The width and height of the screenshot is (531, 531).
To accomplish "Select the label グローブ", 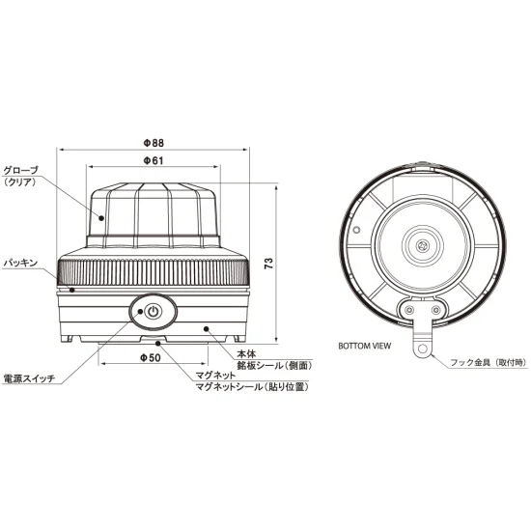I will (x=24, y=168).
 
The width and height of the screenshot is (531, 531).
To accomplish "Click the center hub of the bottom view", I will (x=424, y=247).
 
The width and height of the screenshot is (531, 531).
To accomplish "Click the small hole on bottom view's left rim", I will (x=356, y=230).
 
